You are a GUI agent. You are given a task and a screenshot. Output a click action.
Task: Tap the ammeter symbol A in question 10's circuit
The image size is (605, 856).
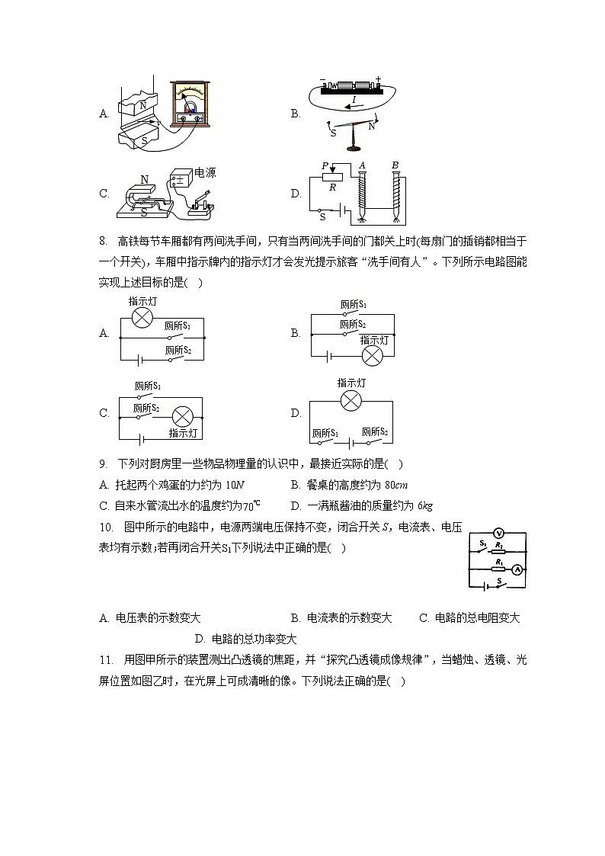coord(516,569)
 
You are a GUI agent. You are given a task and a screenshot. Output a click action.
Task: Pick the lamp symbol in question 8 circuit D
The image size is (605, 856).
coord(350,401)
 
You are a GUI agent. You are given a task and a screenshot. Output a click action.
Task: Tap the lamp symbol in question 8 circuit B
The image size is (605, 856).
coord(373,356)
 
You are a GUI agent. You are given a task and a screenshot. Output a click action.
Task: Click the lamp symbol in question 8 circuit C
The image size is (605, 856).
coord(183,416)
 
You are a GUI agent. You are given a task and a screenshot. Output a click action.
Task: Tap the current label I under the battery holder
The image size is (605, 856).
coord(353,100)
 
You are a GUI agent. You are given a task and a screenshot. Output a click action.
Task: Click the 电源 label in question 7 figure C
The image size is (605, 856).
coord(205,173)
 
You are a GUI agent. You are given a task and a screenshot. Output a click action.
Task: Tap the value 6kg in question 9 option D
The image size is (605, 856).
coord(423,505)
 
